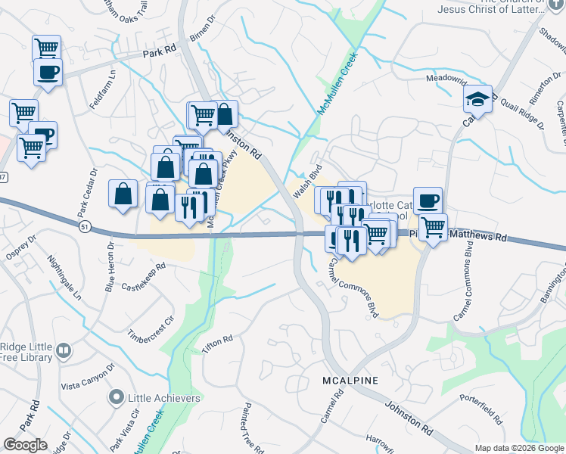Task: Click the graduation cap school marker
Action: point(478,99)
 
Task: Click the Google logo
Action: point(25,445)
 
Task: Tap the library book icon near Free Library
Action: point(64,352)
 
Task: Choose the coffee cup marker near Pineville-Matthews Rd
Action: point(428,201)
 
